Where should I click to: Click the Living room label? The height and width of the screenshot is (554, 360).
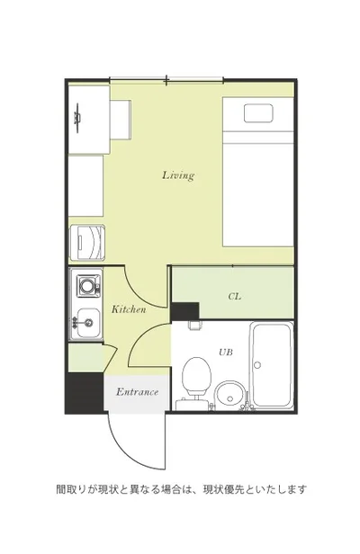pos(178,175)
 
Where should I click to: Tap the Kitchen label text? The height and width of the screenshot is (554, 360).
pos(129,309)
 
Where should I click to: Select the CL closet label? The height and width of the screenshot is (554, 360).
pos(235,296)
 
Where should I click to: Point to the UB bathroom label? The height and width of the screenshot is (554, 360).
pos(226,352)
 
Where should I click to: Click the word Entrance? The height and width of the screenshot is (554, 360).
pos(137,392)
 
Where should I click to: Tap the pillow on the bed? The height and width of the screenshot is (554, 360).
pos(258,113)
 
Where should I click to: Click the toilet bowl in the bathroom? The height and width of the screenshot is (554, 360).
pos(196,375)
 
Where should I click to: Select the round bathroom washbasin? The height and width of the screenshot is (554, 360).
pos(230,394)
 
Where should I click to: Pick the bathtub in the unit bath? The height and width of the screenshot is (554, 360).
pos(271,365)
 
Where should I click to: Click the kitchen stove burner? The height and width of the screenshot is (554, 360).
pos(86,285)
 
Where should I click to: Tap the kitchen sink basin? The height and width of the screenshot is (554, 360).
pos(88,323)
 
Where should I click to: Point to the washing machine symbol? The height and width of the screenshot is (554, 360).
pos(87,243)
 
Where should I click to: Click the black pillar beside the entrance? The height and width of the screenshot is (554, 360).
pos(85,392)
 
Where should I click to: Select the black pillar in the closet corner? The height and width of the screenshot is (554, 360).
pos(185,311)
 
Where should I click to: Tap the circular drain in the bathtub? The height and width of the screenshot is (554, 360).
pos(257,365)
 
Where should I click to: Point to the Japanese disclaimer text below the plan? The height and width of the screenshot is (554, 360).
pos(181,489)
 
